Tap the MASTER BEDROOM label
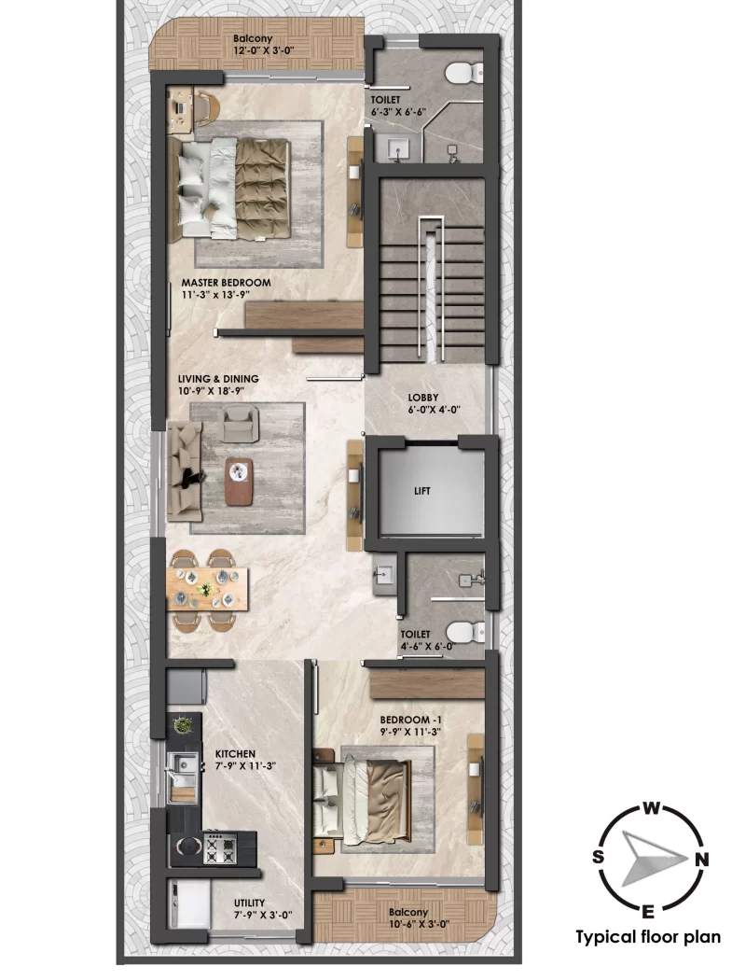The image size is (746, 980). coord(227,282)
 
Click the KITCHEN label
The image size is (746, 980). coord(235,752)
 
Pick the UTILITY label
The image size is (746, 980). coord(250,903)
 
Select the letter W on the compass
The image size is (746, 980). coord(653,808)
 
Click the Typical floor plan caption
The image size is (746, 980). coord(648,937)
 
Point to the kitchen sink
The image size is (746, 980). coord(185,766)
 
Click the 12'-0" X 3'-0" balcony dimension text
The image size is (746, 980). coord(253,52)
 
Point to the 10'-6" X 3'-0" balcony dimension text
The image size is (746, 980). coord(408,924)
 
